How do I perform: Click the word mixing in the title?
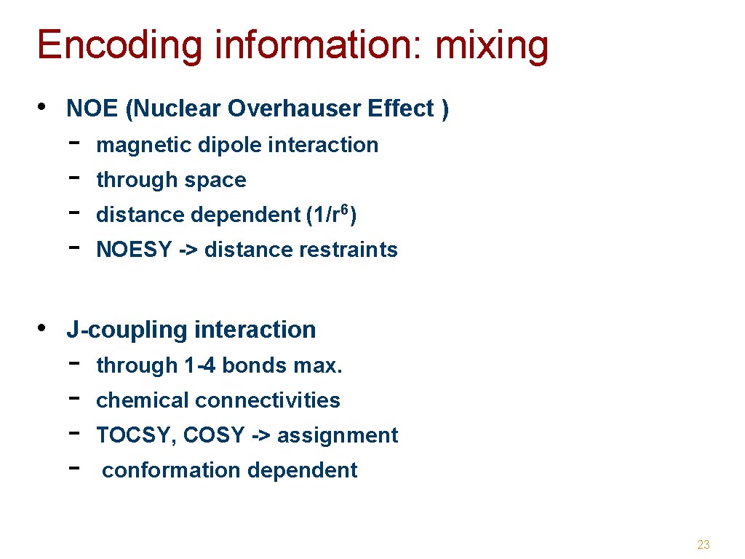coord(492,45)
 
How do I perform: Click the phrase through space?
coord(171,180)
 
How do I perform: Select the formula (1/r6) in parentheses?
coord(331,215)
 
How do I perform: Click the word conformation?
coord(164,470)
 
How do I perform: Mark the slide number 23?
coord(703,544)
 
